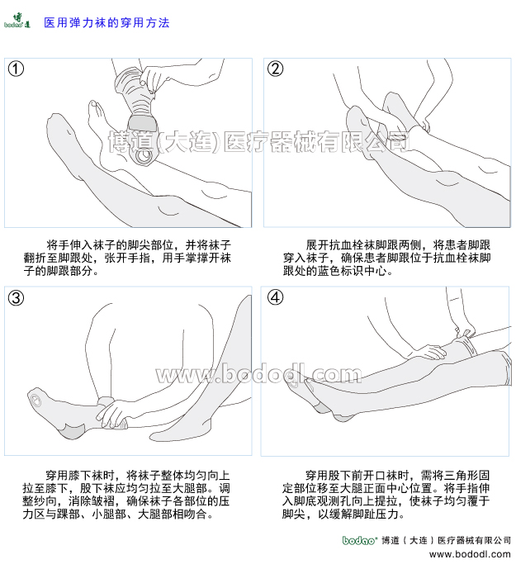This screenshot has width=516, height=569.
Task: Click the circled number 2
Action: click(x=276, y=69)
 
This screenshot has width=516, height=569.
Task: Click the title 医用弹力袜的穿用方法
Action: click(x=106, y=23)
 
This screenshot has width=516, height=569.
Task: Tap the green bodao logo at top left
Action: click(x=17, y=22)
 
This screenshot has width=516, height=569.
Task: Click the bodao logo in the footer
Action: click(x=360, y=540)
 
